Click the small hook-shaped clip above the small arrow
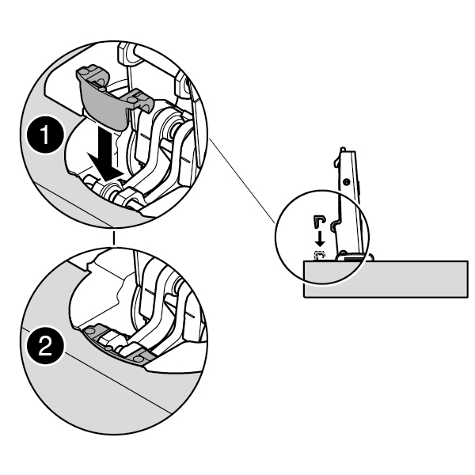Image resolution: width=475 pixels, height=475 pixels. click(x=319, y=219)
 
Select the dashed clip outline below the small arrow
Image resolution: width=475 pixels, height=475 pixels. click(x=319, y=255)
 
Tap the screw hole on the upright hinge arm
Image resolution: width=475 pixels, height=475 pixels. click(x=349, y=180)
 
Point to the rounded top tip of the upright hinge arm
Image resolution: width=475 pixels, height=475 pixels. click(x=341, y=150)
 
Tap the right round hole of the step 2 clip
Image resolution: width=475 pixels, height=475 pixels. click(x=139, y=358)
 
